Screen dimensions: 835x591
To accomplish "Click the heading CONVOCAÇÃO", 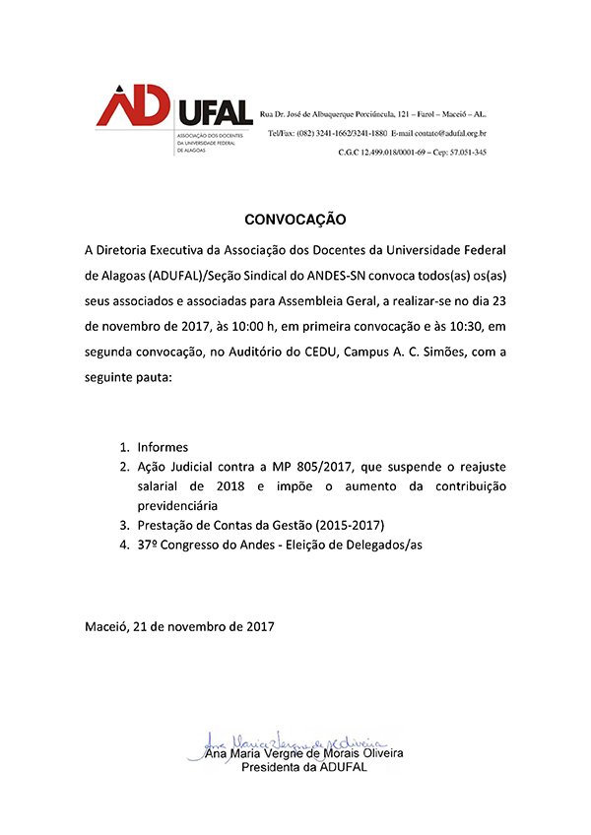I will (x=295, y=218).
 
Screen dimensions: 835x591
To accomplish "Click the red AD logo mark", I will (x=133, y=106).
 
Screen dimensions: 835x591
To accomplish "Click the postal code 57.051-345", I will (x=465, y=152).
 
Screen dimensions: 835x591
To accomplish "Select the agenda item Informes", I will (x=163, y=446).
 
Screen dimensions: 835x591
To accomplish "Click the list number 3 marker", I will (x=125, y=524).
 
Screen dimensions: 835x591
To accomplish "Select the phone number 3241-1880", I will (x=363, y=132).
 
